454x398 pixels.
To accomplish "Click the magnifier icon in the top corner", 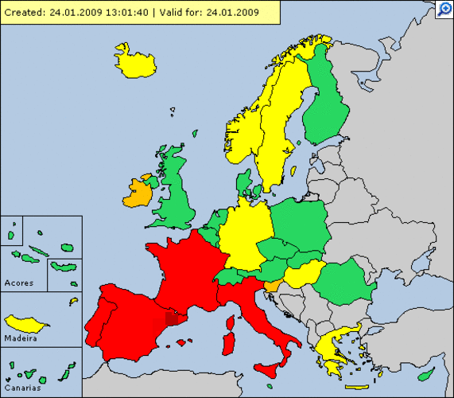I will click(x=444, y=10).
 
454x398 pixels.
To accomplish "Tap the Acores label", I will click(x=18, y=283).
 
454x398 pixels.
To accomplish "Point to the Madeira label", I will click(x=20, y=338).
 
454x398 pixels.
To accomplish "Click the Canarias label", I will click(x=21, y=387).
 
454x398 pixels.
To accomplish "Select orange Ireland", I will click(x=139, y=193).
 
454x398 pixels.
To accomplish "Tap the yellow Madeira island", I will click(x=26, y=323).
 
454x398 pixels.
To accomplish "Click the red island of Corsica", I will click(x=231, y=323).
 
